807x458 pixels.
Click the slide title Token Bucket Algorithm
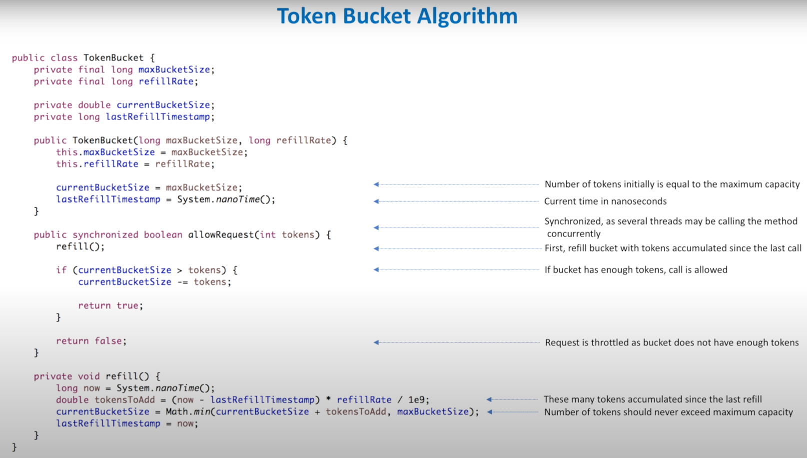coord(397,16)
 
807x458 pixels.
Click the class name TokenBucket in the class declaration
coord(113,57)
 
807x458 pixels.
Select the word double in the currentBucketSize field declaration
coord(94,105)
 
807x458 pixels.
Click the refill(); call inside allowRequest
coord(80,246)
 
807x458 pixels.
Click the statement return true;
coord(110,305)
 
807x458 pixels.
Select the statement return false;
coord(91,341)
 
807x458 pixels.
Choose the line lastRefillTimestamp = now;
coord(127,423)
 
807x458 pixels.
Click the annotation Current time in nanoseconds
coord(605,201)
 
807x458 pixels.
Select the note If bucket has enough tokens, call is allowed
coord(636,270)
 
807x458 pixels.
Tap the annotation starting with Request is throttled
coord(672,342)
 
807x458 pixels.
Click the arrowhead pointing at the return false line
coord(376,342)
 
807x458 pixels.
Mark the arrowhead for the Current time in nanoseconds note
coord(376,201)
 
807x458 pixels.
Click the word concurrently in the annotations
coord(574,234)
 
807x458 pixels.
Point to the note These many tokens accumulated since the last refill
coord(653,399)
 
